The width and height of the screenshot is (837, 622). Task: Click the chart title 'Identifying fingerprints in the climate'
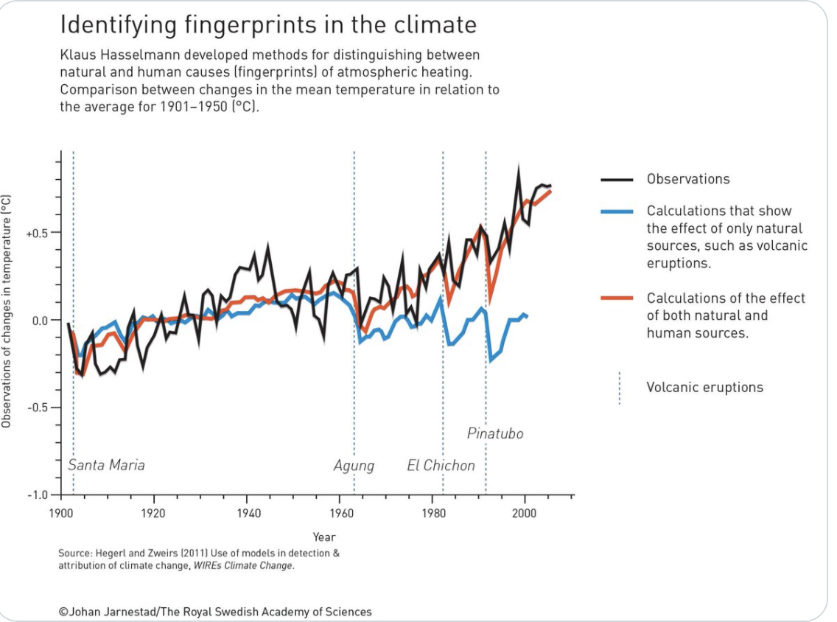click(x=267, y=25)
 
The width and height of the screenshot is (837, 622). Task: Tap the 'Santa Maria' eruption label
click(x=106, y=465)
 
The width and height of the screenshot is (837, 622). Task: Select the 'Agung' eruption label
click(x=354, y=466)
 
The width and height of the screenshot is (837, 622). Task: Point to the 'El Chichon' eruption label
click(x=441, y=466)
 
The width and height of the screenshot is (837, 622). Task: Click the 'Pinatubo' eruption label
click(x=495, y=433)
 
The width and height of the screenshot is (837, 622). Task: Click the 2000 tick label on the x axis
click(x=525, y=511)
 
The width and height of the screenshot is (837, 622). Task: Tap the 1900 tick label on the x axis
click(x=60, y=511)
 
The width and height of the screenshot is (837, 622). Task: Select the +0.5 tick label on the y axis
click(x=37, y=233)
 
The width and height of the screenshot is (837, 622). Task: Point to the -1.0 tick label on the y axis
click(x=38, y=495)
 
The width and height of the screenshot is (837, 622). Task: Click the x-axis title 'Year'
click(x=323, y=537)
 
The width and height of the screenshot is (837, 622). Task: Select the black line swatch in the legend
click(x=617, y=180)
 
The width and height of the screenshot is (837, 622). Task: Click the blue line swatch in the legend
click(x=617, y=212)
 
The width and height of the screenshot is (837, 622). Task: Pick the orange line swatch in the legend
click(x=617, y=298)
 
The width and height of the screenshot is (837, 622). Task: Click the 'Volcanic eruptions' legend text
click(x=704, y=388)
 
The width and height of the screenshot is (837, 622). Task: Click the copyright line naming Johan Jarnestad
click(x=215, y=612)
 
